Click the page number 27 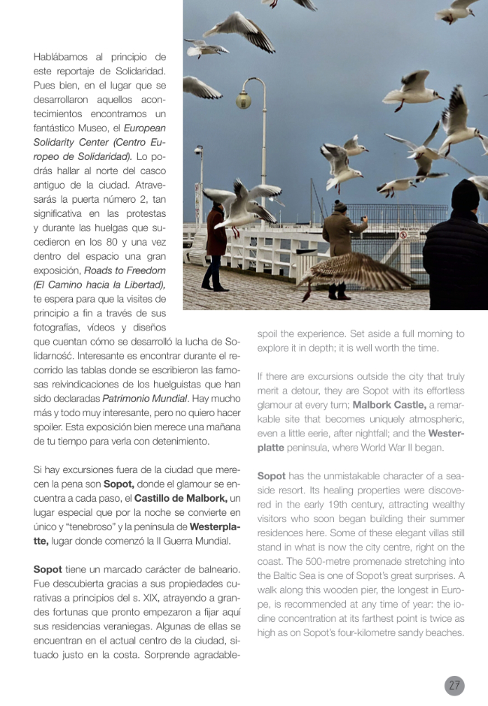[454, 685]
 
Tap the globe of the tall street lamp [244, 99]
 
